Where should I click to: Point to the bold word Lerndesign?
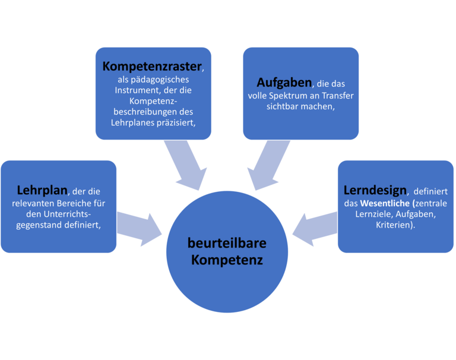[x=375, y=191]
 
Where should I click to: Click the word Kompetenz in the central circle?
[x=227, y=260]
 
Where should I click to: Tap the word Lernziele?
[x=369, y=215]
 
